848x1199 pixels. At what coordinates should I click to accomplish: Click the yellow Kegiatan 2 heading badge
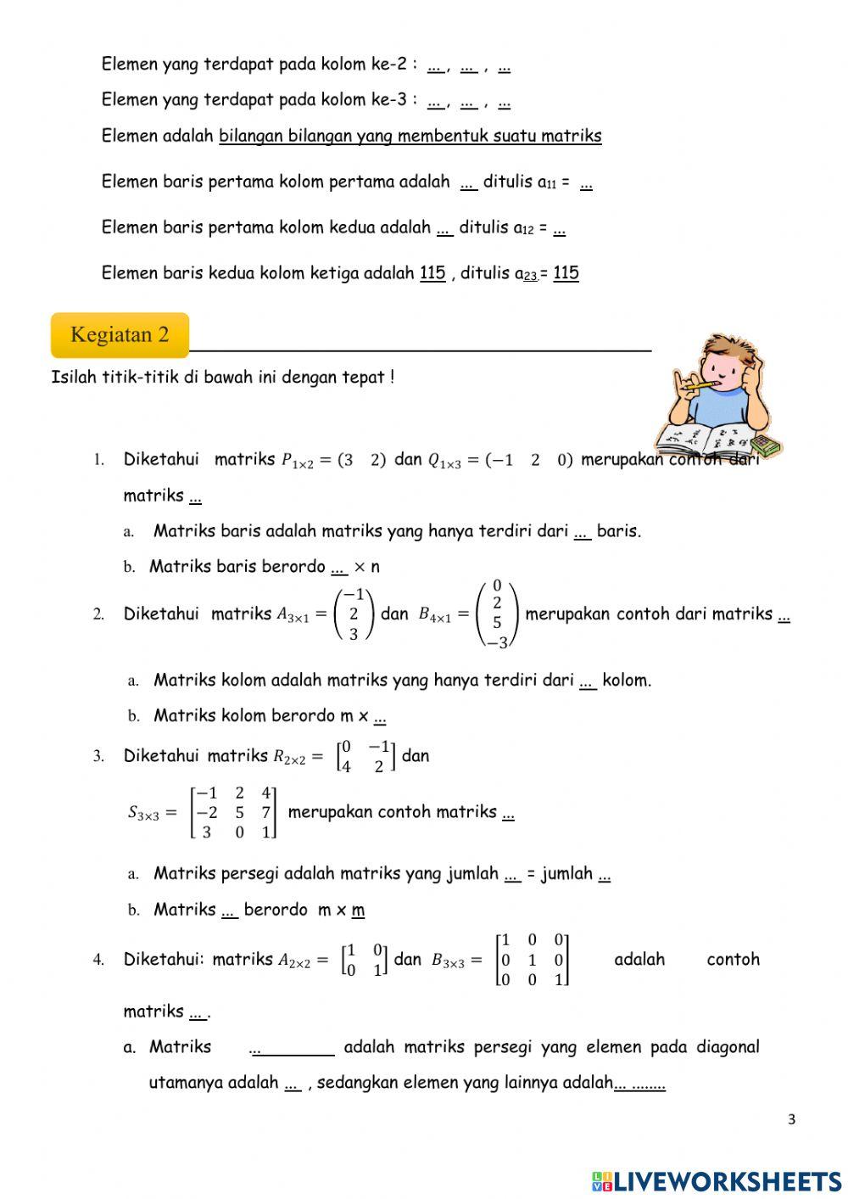120,335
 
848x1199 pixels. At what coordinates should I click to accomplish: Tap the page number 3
791,1119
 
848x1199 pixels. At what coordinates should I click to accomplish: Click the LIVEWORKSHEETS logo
717,1180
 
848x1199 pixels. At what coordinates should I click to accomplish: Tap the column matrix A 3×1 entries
354,614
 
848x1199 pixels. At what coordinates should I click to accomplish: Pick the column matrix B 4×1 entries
497,614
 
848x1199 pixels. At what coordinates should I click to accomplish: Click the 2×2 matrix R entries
365,756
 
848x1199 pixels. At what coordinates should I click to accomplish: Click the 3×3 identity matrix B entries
533,960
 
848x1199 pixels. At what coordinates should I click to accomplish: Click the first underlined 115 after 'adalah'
432,273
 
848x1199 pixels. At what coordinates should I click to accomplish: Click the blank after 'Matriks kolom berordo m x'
380,717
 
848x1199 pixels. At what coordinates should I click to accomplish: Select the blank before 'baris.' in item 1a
583,532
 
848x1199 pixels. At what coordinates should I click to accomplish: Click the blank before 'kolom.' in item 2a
588,681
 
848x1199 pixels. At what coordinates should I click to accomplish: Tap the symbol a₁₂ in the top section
523,228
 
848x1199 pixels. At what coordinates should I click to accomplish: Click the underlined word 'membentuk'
442,136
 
